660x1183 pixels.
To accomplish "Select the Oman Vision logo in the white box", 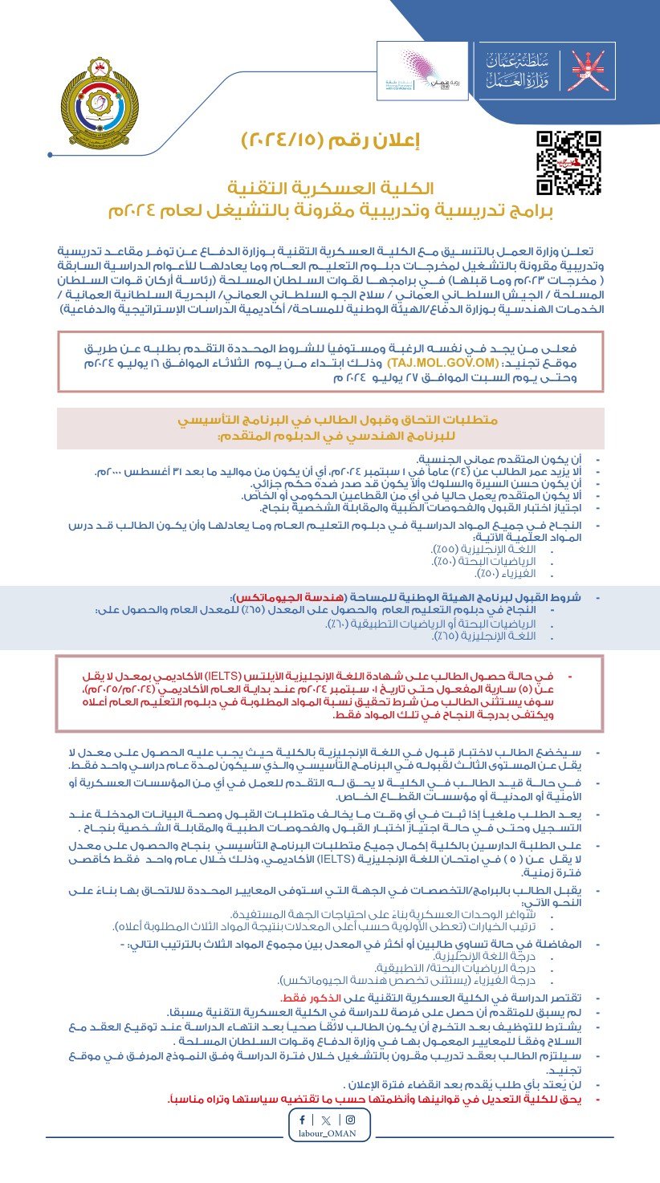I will [x=422, y=71].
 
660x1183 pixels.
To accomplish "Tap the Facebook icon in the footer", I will [x=302, y=1120].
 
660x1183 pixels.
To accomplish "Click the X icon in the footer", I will [x=325, y=1120].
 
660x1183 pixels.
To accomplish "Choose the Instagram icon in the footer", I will [x=349, y=1120].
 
